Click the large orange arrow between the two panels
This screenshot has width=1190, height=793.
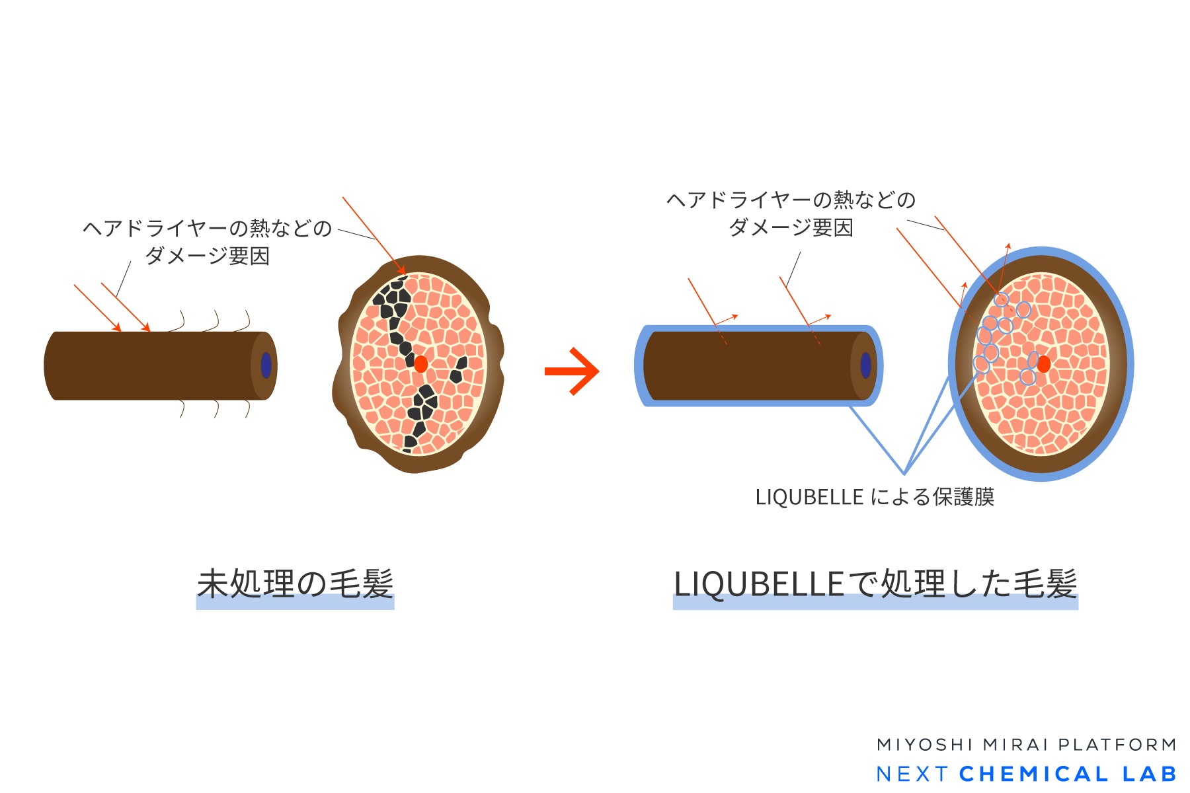(x=572, y=371)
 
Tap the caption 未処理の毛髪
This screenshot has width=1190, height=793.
(x=296, y=584)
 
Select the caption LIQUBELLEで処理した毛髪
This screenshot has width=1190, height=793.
(x=875, y=584)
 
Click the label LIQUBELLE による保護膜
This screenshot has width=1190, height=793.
(x=875, y=497)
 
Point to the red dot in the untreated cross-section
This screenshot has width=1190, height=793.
(x=420, y=364)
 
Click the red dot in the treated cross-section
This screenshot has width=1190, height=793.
(x=1044, y=364)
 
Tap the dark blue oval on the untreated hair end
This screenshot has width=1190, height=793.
(x=266, y=365)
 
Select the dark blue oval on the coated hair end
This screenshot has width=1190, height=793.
(x=865, y=365)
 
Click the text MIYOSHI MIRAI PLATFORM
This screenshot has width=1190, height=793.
(x=1026, y=745)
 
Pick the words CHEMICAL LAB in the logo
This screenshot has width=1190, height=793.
(x=1068, y=774)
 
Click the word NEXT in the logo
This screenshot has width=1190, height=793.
(x=912, y=774)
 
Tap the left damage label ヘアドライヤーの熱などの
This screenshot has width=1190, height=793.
(x=207, y=228)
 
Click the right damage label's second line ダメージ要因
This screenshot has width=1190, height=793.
(x=791, y=227)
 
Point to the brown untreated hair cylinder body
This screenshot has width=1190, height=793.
(x=152, y=365)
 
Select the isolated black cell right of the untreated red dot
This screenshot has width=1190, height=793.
(x=458, y=370)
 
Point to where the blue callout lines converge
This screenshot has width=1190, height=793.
(x=904, y=473)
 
